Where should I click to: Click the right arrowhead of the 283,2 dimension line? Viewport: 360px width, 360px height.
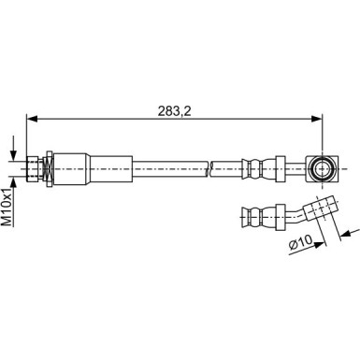click(317, 119)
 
